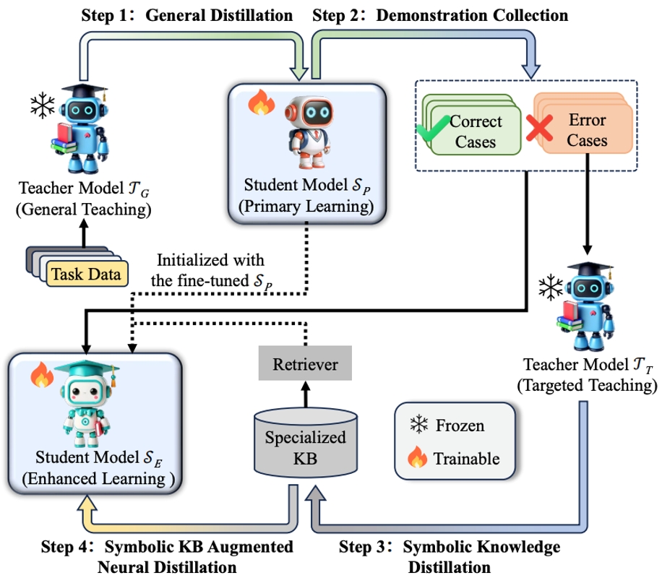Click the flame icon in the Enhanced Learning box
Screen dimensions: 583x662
[x=41, y=375]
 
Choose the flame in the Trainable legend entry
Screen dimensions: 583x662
[x=419, y=458]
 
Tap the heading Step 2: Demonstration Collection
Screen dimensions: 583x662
[x=439, y=14]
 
